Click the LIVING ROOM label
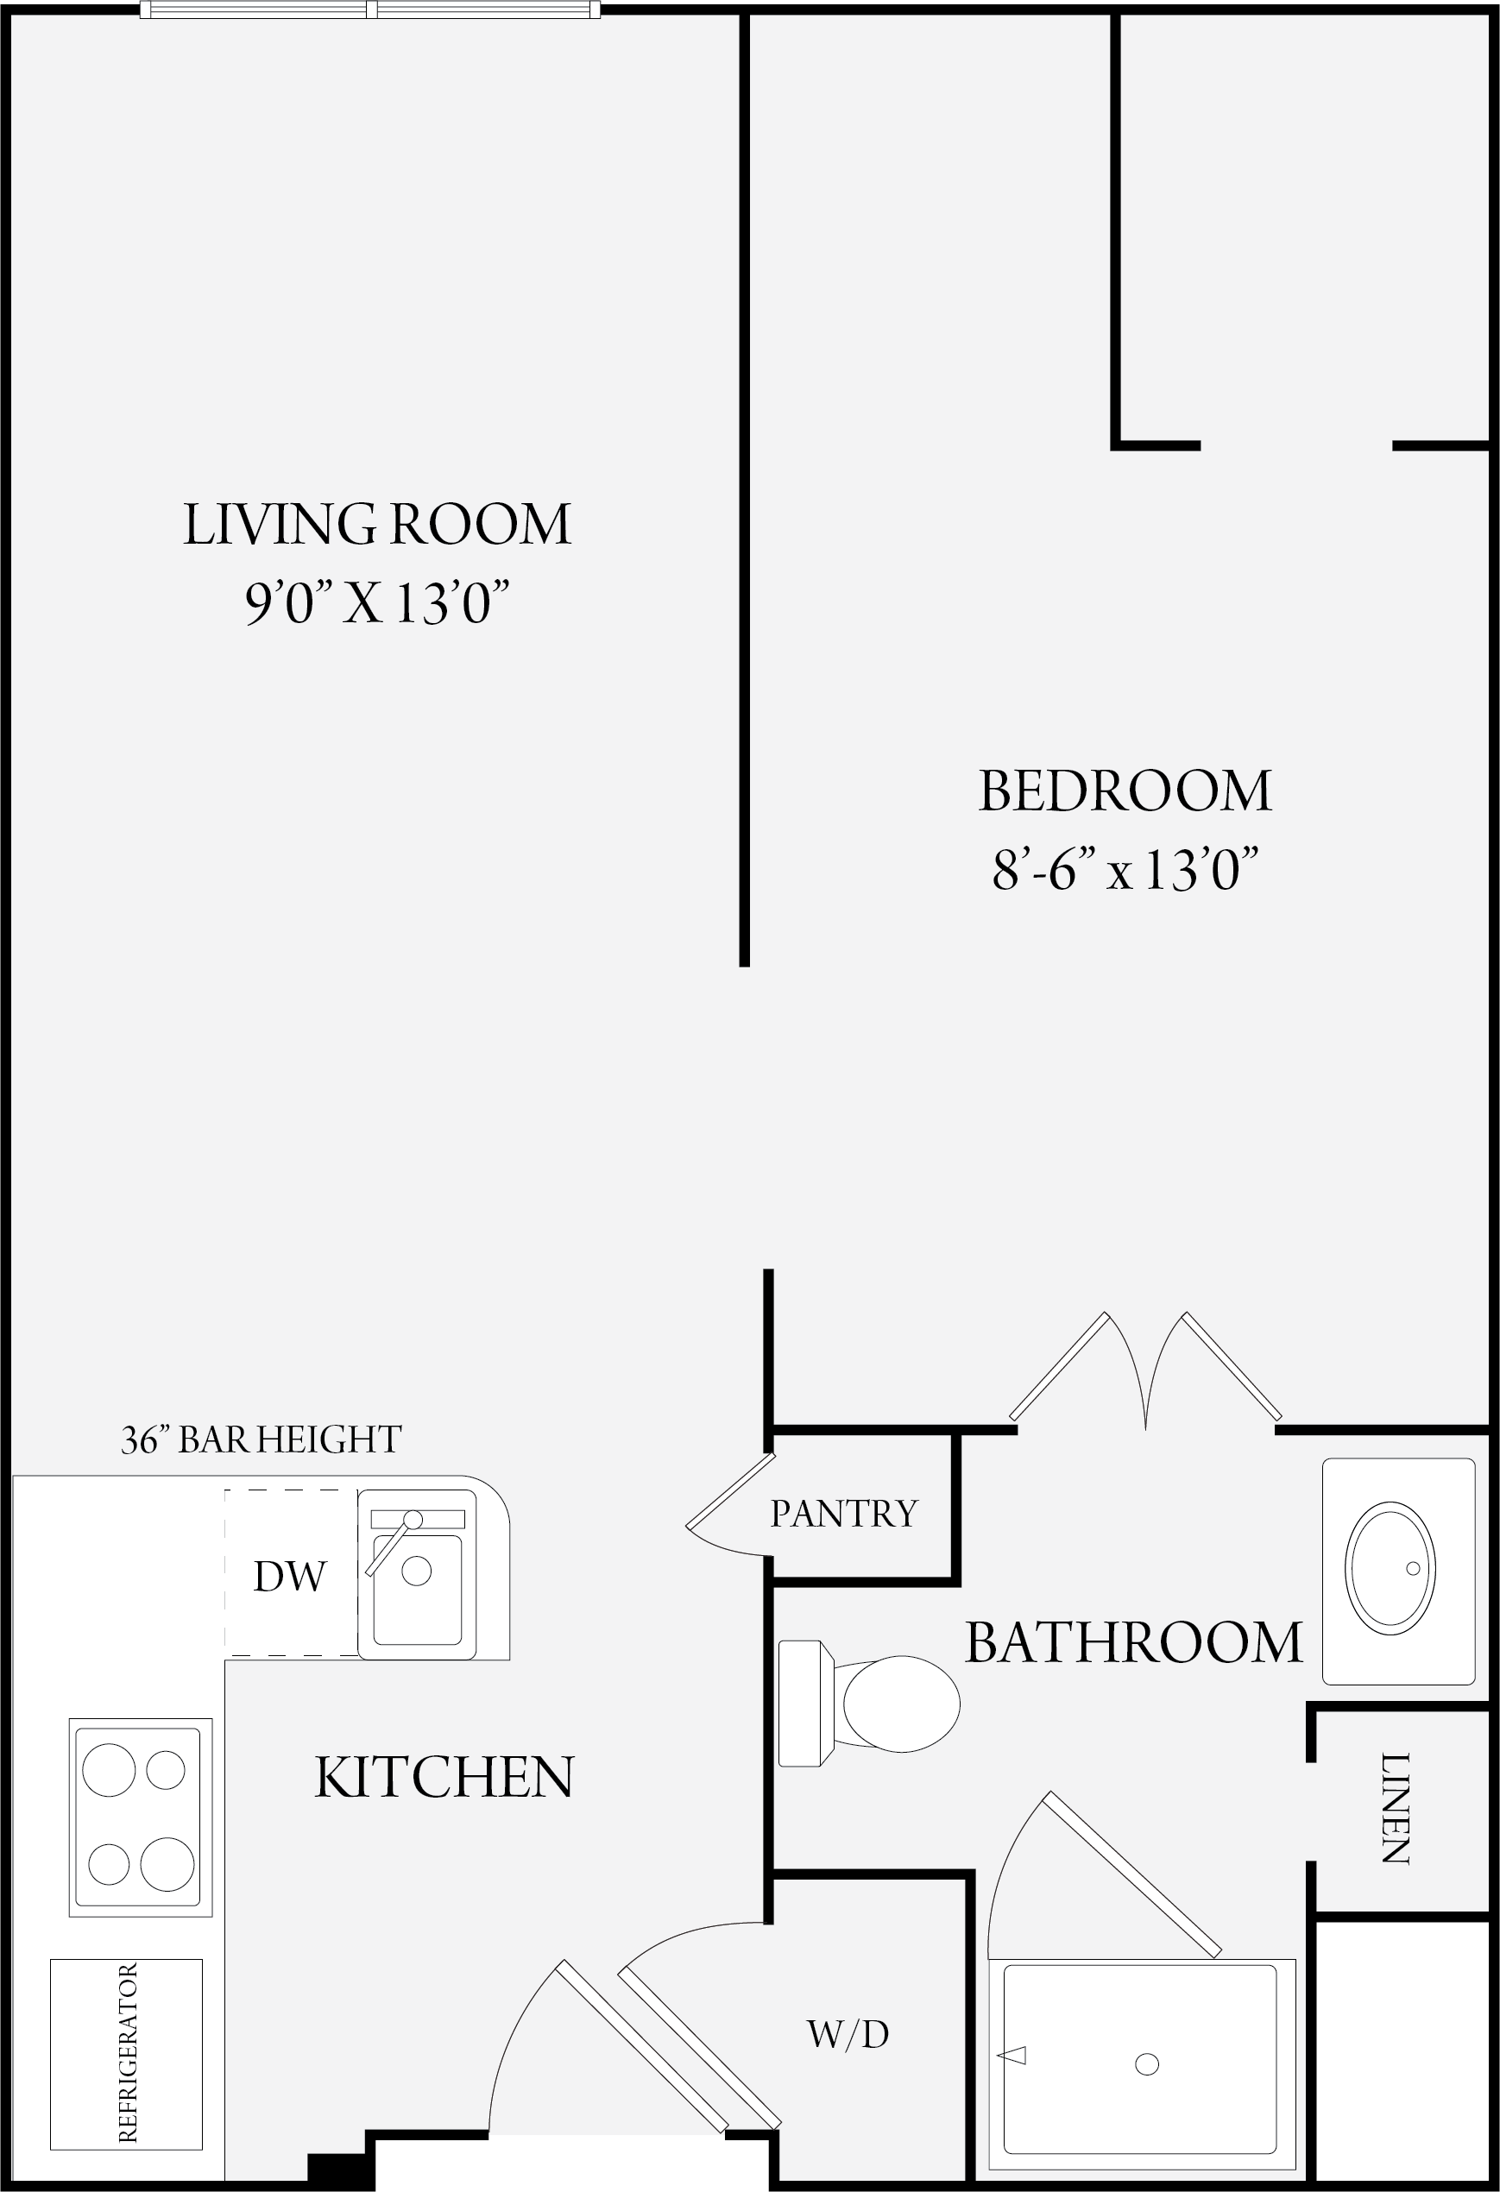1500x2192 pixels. pos(376,525)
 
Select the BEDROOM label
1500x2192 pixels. pos(1125,791)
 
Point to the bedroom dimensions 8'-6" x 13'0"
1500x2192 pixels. pos(1125,869)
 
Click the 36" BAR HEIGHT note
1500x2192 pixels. pos(262,1439)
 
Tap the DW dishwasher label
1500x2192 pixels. pos(290,1576)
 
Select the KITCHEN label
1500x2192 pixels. pos(444,1777)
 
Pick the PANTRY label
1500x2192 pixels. pos(843,1514)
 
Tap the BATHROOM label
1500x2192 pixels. pos(1134,1642)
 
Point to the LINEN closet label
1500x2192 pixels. pos(1396,1808)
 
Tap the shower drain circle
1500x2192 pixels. pos(1147,2063)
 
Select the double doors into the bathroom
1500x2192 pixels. pos(1145,1367)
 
